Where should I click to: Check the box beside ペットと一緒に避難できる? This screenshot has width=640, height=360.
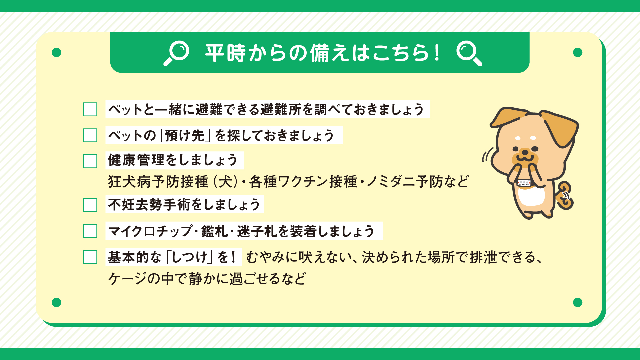pos(90,109)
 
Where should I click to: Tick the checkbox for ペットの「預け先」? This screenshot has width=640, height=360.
pos(90,135)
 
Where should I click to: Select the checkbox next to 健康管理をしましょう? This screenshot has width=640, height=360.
pos(90,161)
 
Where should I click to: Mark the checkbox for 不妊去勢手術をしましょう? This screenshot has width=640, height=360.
pos(90,205)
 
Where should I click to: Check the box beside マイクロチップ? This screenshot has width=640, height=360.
pos(90,231)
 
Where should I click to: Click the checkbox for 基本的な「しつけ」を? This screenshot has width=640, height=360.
pos(90,257)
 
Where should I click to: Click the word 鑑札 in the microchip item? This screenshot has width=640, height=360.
pos(215,231)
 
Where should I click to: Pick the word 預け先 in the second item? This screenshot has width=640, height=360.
pos(185,136)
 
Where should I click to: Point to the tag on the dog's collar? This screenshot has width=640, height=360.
pos(524,183)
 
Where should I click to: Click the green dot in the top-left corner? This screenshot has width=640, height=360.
pos(57,53)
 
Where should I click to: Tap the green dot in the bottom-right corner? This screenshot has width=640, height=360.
pos(578,302)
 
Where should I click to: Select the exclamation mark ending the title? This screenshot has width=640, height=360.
pos(437,53)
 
